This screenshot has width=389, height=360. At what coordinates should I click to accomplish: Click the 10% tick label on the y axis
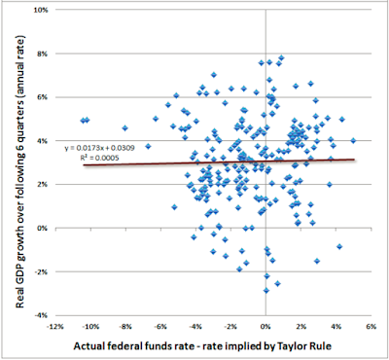point(42,10)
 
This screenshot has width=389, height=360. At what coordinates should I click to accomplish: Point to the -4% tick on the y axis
point(42,315)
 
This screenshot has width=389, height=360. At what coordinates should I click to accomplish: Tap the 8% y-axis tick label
point(43,54)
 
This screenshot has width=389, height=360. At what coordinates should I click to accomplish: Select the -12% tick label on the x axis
point(55,327)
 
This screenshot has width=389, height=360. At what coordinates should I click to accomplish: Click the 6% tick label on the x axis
point(371,327)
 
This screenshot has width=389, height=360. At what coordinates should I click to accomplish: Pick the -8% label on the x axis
point(125,327)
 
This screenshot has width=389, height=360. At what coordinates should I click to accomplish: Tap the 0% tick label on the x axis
point(265,327)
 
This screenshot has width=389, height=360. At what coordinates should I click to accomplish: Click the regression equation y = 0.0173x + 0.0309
point(99,148)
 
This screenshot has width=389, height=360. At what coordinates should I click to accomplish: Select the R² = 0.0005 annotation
point(100,158)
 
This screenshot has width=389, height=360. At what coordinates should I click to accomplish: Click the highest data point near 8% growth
point(281,57)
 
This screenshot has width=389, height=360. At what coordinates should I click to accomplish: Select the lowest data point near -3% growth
point(266,290)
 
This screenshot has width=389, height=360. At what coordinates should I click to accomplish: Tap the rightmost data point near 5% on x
point(353,140)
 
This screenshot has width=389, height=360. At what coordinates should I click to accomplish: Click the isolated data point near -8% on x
point(125,128)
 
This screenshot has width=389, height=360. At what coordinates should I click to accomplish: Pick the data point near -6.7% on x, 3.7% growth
point(148,146)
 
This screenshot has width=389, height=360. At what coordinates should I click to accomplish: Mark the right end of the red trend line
point(354,160)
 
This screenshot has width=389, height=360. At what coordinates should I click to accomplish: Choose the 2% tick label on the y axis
point(43,184)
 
